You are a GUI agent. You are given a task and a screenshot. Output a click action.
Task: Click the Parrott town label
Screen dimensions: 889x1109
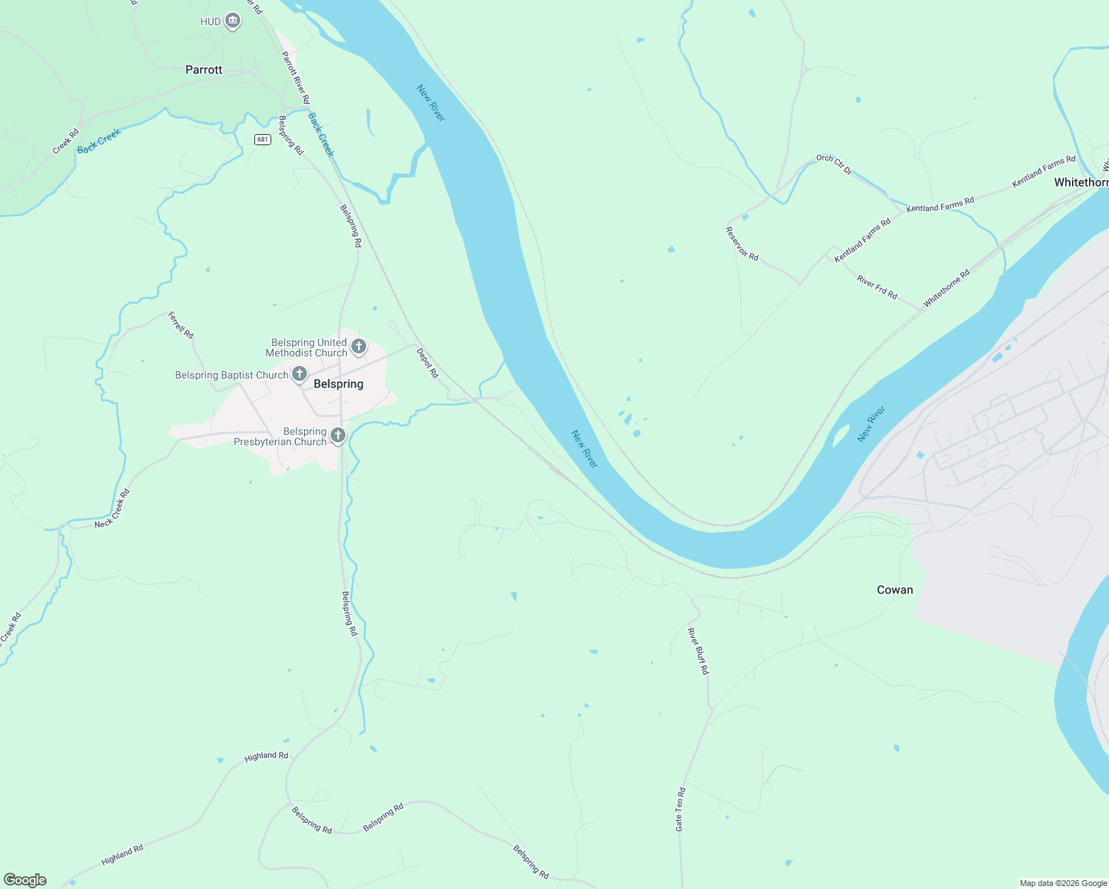click(x=203, y=70)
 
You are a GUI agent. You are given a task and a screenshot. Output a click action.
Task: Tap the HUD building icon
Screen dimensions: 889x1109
click(x=233, y=21)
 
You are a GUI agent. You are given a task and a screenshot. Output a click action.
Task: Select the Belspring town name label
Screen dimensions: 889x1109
click(x=338, y=384)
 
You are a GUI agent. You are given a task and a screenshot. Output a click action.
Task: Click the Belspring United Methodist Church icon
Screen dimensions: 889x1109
click(x=359, y=347)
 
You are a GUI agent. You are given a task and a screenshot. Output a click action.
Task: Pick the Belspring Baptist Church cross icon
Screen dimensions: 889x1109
click(x=299, y=374)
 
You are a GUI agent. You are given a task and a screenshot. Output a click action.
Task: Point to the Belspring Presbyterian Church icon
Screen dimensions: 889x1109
click(x=338, y=436)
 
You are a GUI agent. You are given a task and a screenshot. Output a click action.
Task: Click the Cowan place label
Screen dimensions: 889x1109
click(x=895, y=590)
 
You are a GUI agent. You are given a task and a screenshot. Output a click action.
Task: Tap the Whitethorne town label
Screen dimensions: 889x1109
click(x=1081, y=182)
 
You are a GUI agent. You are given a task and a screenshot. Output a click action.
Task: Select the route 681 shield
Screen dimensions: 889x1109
click(x=262, y=139)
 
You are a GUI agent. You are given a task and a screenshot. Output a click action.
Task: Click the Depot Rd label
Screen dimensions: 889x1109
click(x=427, y=363)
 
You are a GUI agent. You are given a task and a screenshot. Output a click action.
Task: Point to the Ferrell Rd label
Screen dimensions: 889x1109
click(x=180, y=325)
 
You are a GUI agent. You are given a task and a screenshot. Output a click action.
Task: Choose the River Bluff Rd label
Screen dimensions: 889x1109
click(x=698, y=650)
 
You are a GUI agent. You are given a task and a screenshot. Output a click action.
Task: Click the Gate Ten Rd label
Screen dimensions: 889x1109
click(x=680, y=809)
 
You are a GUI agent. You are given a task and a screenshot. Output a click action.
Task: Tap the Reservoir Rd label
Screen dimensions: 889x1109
click(x=741, y=244)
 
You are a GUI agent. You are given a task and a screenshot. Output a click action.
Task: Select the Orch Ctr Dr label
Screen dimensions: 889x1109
click(x=834, y=164)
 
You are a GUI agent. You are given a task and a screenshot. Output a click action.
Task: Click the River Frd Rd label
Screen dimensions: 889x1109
click(x=877, y=287)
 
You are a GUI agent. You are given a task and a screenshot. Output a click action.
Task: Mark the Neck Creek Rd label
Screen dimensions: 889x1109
click(x=112, y=508)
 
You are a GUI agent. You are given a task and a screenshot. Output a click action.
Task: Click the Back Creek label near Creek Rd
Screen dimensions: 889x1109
click(x=99, y=141)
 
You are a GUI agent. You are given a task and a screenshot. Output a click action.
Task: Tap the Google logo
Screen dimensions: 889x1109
click(x=25, y=879)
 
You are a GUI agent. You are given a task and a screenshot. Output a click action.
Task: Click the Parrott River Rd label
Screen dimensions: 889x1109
click(x=295, y=78)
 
